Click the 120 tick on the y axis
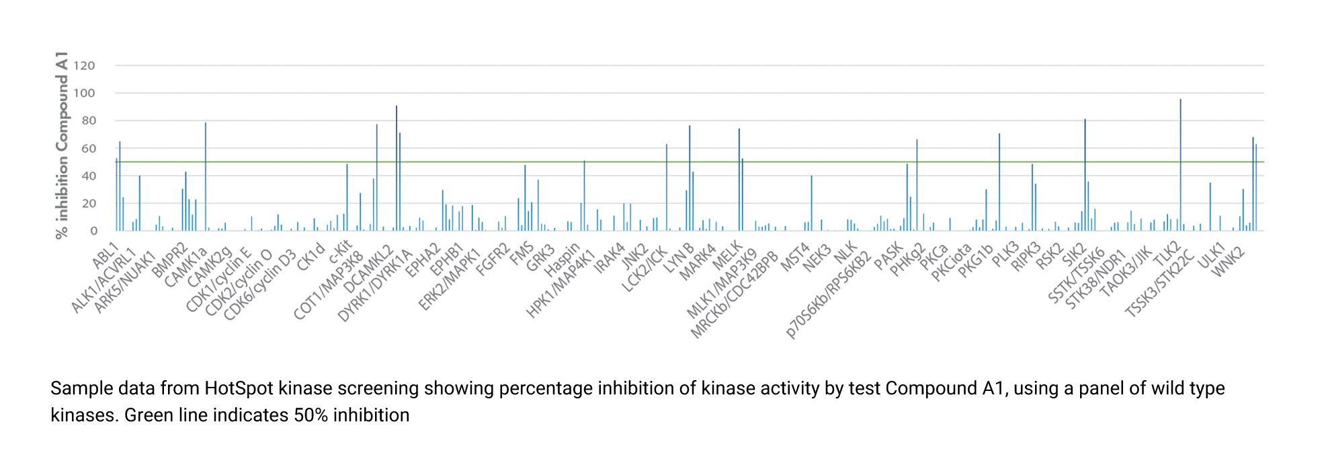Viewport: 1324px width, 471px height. pos(84,66)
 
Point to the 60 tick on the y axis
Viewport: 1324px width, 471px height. pos(88,149)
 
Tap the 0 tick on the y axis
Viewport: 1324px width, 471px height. pos(93,231)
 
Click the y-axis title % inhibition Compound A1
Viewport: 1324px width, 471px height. pos(62,145)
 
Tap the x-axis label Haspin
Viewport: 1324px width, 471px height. pos(562,260)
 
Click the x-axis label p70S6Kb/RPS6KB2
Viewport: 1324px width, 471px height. pos(829,294)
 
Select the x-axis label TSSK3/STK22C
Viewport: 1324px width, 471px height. pos(1160,283)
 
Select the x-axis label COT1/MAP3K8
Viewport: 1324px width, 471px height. pos(329,285)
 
